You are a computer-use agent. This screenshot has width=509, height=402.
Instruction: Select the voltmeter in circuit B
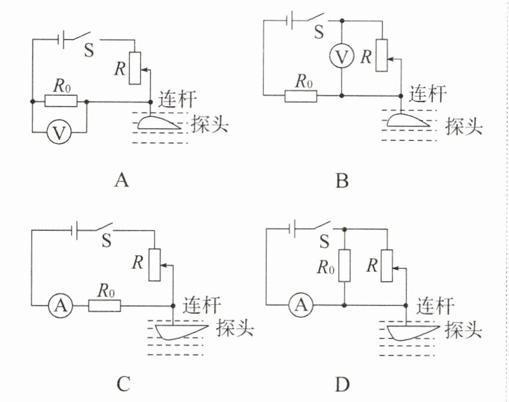(341, 58)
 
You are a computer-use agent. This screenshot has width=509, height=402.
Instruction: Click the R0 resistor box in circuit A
(61, 101)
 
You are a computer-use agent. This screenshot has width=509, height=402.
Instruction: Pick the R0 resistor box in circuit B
(300, 95)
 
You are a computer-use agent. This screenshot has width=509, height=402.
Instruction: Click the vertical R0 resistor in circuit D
(344, 266)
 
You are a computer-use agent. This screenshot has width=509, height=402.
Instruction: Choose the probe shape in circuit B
(408, 121)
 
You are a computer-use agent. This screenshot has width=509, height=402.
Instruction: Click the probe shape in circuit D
(414, 332)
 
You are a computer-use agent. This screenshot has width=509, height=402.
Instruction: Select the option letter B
(342, 179)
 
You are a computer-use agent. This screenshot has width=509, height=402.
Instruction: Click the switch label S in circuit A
(88, 50)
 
